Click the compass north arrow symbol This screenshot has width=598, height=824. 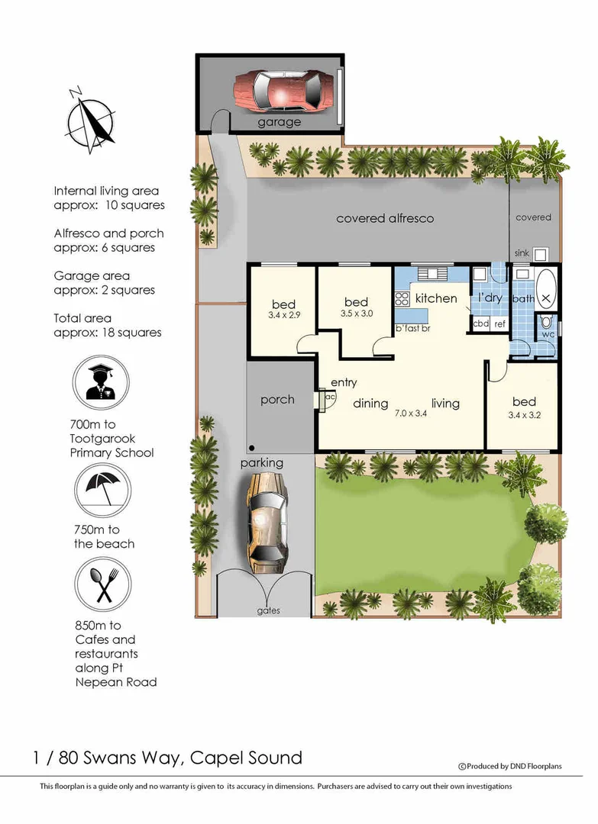click(90, 119)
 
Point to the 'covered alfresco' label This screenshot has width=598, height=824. click(385, 218)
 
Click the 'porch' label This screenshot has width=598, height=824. click(277, 399)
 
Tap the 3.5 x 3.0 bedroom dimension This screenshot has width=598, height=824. click(356, 314)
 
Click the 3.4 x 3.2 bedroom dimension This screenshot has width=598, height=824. click(524, 416)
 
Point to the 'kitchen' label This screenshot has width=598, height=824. click(435, 298)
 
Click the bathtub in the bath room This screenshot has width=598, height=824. click(546, 289)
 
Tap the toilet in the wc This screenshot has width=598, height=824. click(547, 323)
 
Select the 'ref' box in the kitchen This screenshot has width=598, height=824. click(499, 324)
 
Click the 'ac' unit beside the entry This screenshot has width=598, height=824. click(329, 398)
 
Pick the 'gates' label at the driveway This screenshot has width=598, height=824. click(268, 610)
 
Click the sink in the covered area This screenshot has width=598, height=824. click(540, 254)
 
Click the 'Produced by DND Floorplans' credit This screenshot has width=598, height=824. click(510, 766)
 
